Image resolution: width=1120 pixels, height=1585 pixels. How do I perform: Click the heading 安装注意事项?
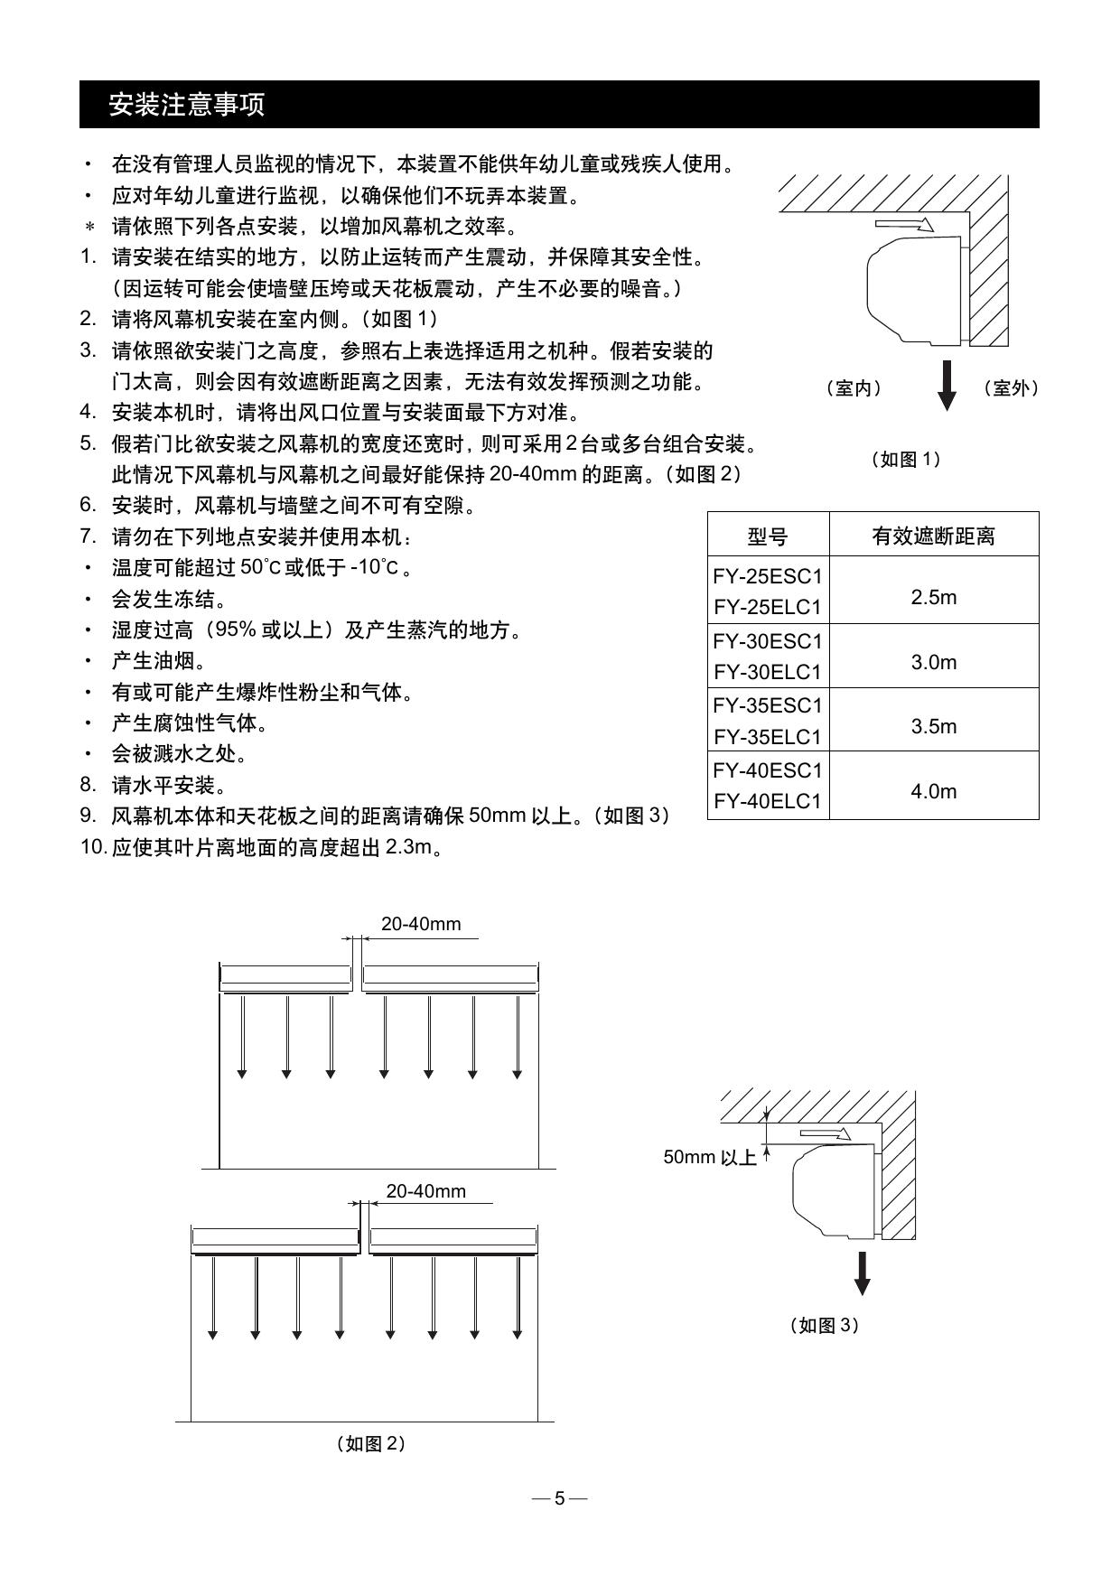coord(186,105)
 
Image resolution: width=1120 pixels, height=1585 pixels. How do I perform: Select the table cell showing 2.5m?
coord(933,597)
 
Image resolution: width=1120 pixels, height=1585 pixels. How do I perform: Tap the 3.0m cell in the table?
coord(933,662)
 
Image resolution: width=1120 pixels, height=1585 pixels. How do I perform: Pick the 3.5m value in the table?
coord(933,726)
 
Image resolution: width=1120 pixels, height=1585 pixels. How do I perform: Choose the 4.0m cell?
coord(933,791)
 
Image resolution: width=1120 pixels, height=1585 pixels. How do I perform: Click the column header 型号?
coord(768,536)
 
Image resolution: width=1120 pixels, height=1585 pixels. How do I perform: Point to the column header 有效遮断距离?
coord(933,536)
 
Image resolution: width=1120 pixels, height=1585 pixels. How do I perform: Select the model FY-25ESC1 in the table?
coord(768,576)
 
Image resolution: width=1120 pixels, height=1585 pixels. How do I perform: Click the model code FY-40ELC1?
coord(768,801)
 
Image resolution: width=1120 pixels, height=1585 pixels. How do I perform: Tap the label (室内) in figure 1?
coord(854,388)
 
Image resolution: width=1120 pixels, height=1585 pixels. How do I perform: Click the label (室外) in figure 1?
coord(1011,388)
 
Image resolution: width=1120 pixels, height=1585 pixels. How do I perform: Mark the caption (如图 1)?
coord(906,459)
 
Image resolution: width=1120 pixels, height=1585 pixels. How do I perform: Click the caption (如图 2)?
coord(370,1443)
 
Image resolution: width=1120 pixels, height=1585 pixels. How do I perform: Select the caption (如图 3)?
coord(824,1325)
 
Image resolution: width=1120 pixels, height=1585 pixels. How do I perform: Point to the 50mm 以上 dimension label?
coord(710,1157)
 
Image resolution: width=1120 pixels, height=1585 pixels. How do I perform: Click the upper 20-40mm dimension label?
coord(421,924)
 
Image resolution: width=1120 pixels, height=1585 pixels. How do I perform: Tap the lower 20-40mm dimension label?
coord(426,1191)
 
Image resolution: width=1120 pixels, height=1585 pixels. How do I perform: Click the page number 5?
coord(559,1498)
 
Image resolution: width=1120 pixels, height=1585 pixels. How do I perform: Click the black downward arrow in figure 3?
coord(863,1273)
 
